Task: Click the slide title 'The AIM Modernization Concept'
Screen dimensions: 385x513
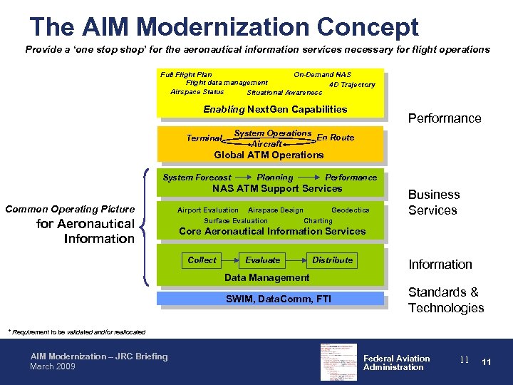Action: [x=224, y=27]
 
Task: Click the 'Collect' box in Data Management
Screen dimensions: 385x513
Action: [x=202, y=260]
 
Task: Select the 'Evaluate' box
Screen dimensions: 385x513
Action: [x=263, y=260]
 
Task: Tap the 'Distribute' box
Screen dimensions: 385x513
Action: [x=332, y=260]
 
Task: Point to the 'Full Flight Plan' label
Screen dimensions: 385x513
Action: [x=186, y=74]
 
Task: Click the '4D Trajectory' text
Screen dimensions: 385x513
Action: [x=352, y=85]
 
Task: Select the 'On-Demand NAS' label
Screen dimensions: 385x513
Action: [x=322, y=74]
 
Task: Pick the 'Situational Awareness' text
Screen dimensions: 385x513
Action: [x=284, y=93]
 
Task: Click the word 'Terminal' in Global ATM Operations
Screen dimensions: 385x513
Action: [x=204, y=138]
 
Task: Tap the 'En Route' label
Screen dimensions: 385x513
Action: [x=335, y=138]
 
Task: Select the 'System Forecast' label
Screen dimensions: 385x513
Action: [x=197, y=178]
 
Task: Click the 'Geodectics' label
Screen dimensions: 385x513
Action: [x=350, y=210]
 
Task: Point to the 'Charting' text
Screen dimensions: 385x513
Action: [x=318, y=221]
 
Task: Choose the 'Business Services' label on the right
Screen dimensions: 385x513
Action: [x=434, y=202]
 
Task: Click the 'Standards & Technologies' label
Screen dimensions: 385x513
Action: [x=445, y=300]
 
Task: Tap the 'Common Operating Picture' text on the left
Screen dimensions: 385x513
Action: [x=70, y=209]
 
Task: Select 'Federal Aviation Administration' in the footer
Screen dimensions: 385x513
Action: [x=396, y=363]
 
